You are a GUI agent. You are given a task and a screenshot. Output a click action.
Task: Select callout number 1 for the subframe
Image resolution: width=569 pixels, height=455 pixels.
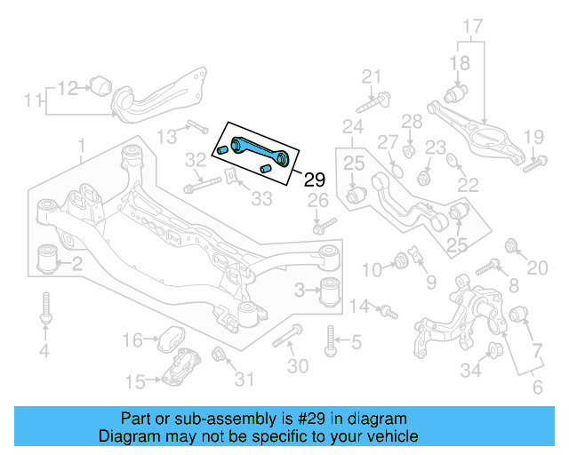81,146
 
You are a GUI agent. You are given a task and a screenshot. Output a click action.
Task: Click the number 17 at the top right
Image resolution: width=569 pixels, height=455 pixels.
471,27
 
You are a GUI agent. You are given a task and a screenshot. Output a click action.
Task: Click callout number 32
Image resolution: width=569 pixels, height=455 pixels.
196,161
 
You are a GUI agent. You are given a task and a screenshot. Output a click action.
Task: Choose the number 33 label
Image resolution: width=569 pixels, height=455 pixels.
260,199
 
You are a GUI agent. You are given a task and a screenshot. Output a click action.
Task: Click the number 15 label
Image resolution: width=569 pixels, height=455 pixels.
135,382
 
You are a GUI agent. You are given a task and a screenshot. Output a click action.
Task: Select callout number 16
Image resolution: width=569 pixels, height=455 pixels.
132,339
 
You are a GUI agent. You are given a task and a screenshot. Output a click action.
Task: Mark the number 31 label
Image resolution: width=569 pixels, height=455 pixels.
244,381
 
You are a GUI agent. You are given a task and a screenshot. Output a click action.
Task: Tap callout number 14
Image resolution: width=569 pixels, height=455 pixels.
359,307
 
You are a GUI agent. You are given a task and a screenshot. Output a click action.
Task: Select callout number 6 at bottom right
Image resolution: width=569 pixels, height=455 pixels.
537,388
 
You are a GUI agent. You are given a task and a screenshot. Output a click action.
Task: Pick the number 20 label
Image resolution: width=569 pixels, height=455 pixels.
538,268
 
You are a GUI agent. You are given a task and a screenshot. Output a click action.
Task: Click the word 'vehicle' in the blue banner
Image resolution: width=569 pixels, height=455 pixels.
386,437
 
